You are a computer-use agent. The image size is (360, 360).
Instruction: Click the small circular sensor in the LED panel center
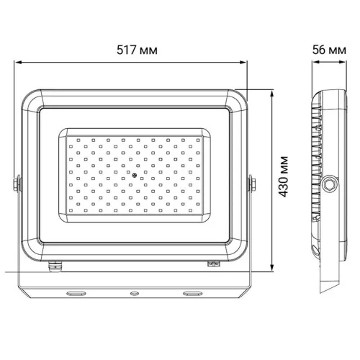click(x=134, y=176)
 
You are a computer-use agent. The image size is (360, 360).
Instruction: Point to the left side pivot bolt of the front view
click(x=17, y=185)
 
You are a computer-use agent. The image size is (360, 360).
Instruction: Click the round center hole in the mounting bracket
click(x=134, y=294)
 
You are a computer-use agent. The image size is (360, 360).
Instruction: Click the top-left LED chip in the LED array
click(x=71, y=140)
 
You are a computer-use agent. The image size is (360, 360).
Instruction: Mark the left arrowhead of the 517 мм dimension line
click(x=17, y=62)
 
